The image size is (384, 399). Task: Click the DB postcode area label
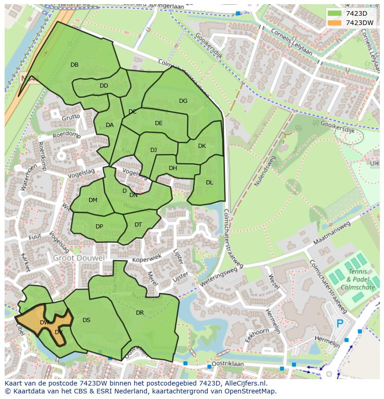(x=74, y=65)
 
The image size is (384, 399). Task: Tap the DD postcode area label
(x=104, y=86)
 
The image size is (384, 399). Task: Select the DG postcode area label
(x=183, y=101)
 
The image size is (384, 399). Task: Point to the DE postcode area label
(x=159, y=123)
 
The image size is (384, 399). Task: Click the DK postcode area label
(x=202, y=146)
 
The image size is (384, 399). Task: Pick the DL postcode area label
(x=209, y=183)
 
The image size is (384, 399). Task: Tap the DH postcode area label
(x=173, y=168)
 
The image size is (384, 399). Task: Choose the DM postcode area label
(x=93, y=200)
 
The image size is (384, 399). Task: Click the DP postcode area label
(x=99, y=227)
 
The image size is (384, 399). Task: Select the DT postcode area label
(x=138, y=225)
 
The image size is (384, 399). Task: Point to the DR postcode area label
(x=140, y=313)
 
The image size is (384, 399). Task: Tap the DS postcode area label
(x=86, y=320)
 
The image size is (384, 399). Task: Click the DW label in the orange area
(x=45, y=323)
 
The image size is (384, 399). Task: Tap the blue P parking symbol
(x=340, y=323)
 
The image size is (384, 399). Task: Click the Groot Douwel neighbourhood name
(x=78, y=258)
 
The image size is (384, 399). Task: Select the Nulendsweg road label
(x=264, y=171)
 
